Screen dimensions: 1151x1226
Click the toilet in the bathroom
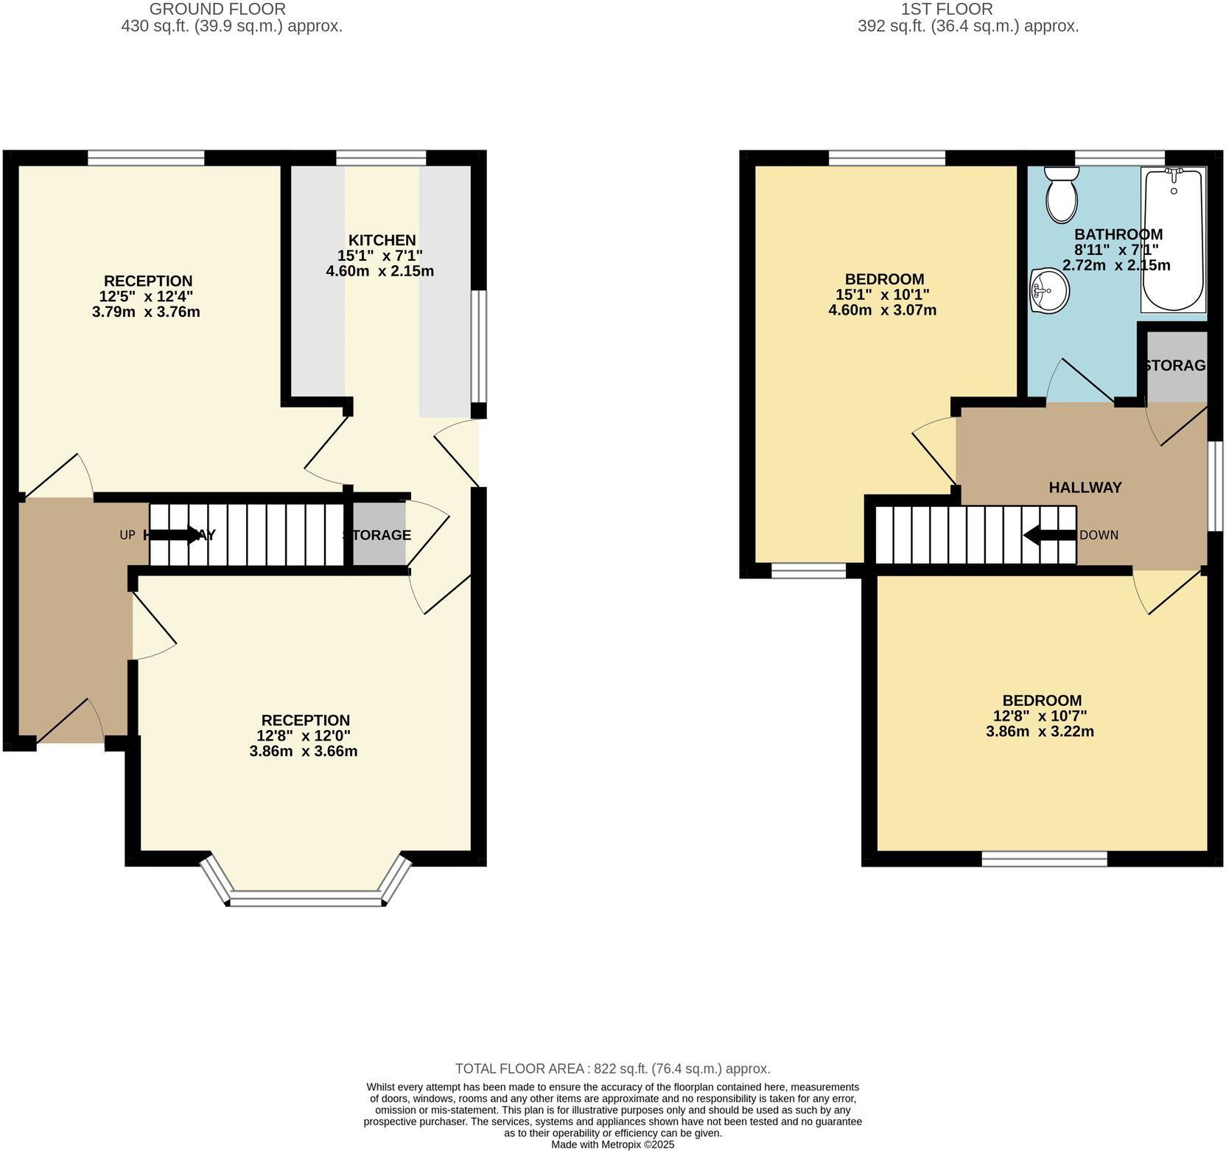1061,195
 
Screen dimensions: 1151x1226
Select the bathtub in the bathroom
1173,240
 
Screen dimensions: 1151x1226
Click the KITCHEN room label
382,240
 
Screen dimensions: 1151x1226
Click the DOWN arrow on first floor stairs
1049,535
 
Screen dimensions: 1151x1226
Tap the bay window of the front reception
306,898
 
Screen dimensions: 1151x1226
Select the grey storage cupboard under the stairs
379,535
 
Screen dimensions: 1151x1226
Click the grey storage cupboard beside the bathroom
1177,366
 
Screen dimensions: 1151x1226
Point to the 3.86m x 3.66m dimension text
304,752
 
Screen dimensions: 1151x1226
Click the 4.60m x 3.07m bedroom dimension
883,310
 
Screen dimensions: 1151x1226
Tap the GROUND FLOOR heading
217,10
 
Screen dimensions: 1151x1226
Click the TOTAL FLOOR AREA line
612,1068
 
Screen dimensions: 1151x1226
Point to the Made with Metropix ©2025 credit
612,1144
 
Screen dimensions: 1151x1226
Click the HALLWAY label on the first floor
1085,487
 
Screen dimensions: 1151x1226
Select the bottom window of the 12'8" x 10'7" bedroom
1044,859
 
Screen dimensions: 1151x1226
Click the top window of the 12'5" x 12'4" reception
146,157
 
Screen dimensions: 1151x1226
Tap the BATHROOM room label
1118,234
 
